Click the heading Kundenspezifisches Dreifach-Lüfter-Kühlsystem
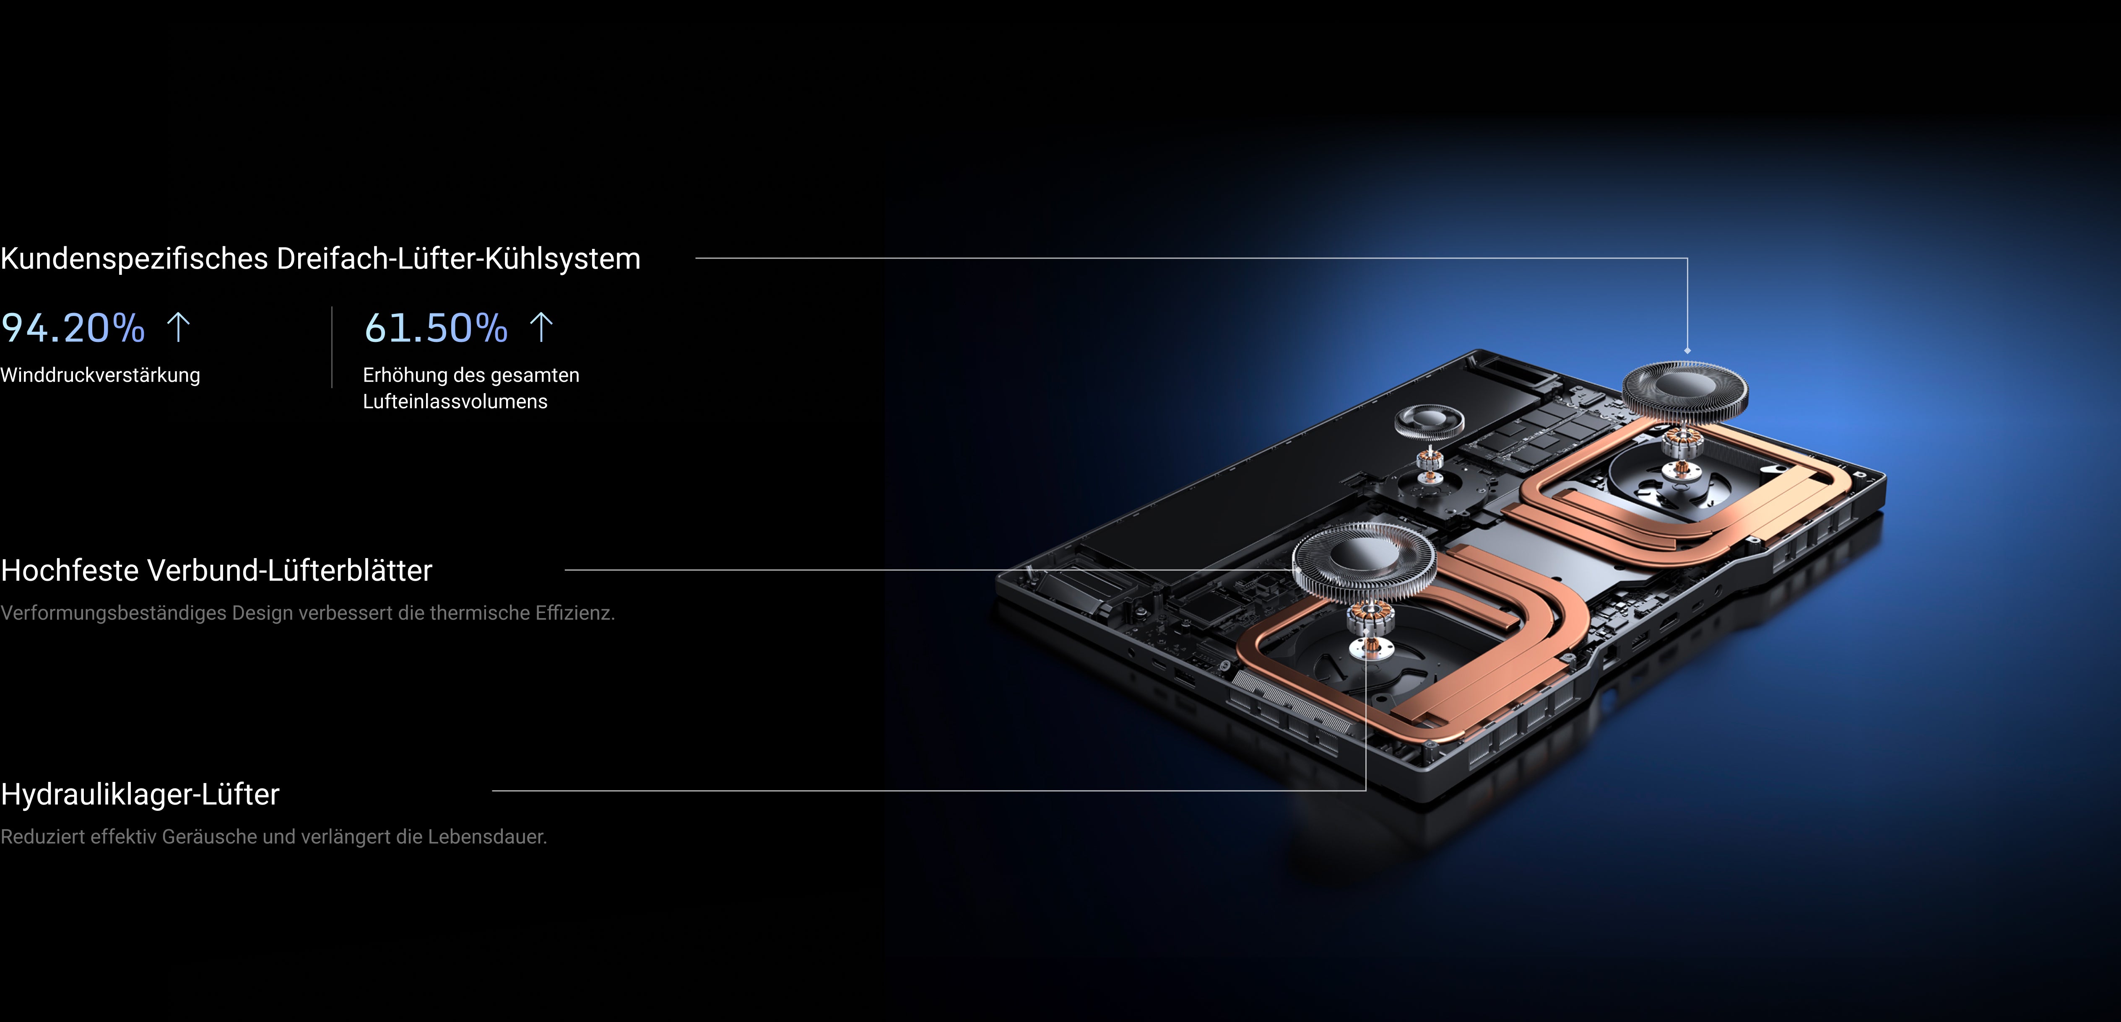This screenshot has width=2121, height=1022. pos(320,259)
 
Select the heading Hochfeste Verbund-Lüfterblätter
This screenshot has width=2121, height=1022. pos(216,570)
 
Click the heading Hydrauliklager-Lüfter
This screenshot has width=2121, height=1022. pos(140,794)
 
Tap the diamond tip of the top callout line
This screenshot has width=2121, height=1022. pos(1687,351)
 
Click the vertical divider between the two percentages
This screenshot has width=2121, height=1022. pos(332,347)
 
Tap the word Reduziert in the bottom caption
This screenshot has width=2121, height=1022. pos(43,837)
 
